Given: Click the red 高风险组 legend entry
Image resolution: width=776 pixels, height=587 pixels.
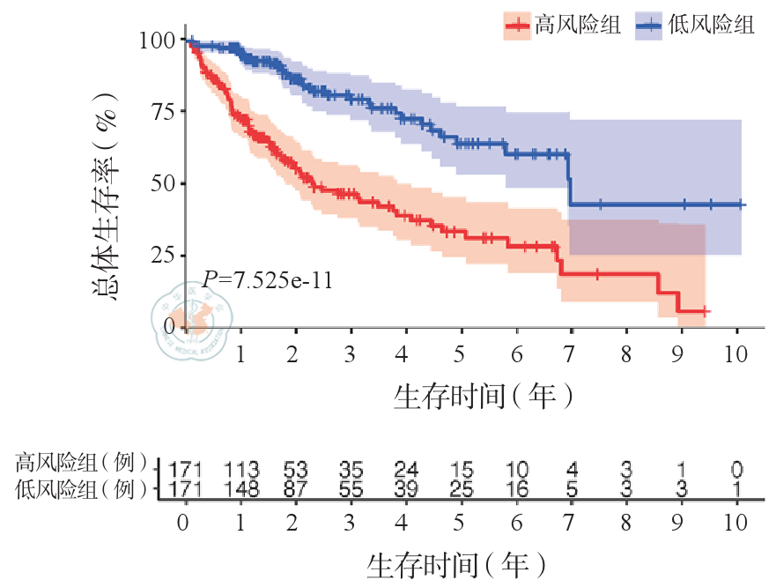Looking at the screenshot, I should pyautogui.click(x=563, y=26).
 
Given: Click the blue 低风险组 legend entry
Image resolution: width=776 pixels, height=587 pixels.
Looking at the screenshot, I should pyautogui.click(x=696, y=26).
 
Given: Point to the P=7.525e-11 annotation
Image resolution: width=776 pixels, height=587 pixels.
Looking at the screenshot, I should pyautogui.click(x=267, y=280).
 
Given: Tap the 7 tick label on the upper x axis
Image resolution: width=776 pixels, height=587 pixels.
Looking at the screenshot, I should pyautogui.click(x=571, y=354).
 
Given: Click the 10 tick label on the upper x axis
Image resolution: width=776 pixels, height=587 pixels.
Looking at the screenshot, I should pyautogui.click(x=735, y=354).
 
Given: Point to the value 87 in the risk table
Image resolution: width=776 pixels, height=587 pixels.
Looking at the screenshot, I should pyautogui.click(x=294, y=488).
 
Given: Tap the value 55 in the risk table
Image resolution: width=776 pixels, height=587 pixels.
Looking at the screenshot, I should pyautogui.click(x=350, y=488).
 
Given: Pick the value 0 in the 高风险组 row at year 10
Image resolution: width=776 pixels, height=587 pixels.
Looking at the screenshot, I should pyautogui.click(x=736, y=468).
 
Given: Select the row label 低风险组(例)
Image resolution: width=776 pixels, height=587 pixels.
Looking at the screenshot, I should pyautogui.click(x=81, y=488).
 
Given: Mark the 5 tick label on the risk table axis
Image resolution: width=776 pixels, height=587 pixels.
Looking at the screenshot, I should pyautogui.click(x=458, y=522).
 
